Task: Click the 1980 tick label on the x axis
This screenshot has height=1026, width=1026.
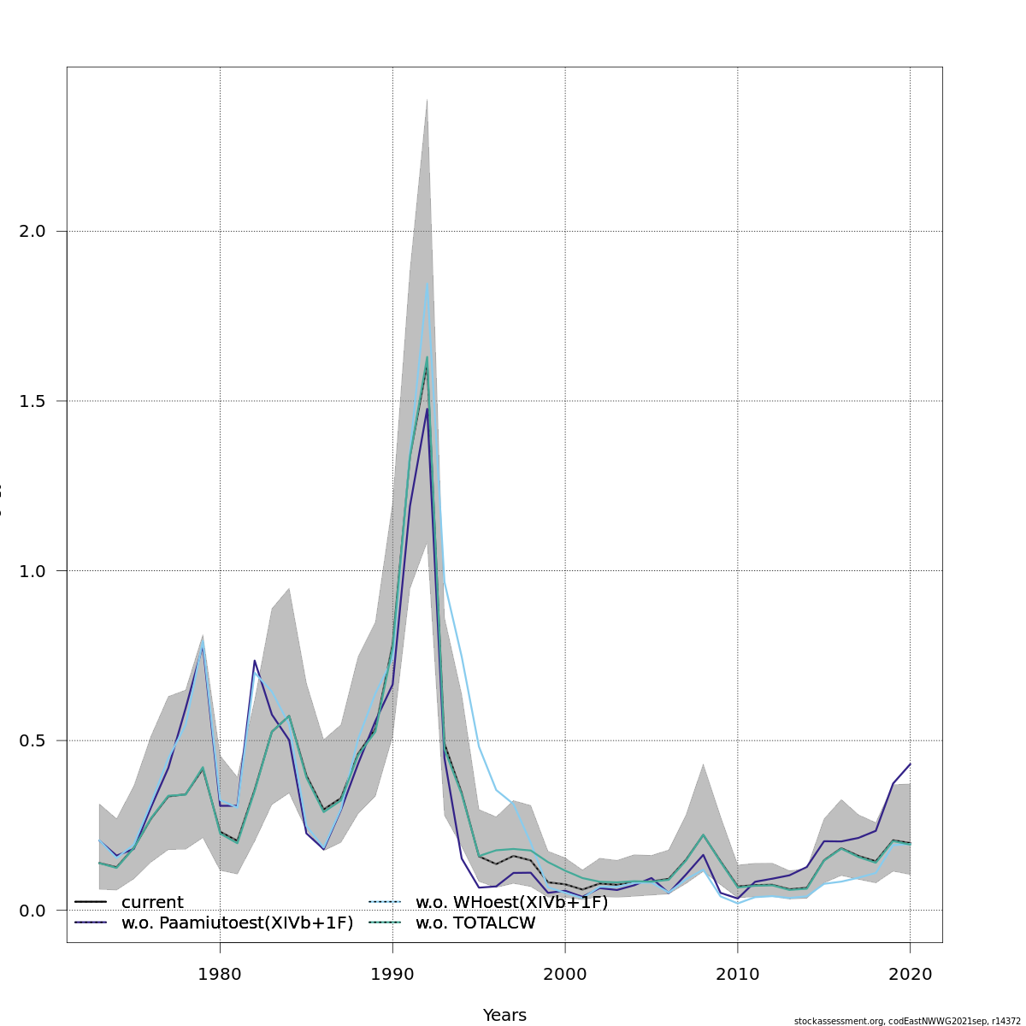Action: pyautogui.click(x=220, y=974)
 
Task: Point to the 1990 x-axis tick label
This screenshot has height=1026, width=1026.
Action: pyautogui.click(x=392, y=974)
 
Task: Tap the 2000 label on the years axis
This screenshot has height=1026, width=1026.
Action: pyautogui.click(x=565, y=974)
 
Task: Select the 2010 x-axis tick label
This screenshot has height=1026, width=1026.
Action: pyautogui.click(x=737, y=974)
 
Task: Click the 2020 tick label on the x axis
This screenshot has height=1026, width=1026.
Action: pyautogui.click(x=910, y=974)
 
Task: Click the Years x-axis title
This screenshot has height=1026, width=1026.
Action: pyautogui.click(x=504, y=1015)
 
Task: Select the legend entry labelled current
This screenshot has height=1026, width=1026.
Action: pyautogui.click(x=152, y=902)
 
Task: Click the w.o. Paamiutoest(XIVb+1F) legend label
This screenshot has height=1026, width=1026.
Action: pyautogui.click(x=237, y=923)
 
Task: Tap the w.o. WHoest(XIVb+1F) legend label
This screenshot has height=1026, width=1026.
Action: pyautogui.click(x=511, y=902)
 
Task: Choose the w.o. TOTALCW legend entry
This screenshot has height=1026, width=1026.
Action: pyautogui.click(x=475, y=923)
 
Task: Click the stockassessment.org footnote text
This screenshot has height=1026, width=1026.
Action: pyautogui.click(x=909, y=1021)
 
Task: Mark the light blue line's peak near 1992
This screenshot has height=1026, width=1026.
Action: pyautogui.click(x=427, y=283)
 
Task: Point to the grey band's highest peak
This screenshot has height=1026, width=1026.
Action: pyautogui.click(x=427, y=98)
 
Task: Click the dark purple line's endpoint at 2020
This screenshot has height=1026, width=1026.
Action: pyautogui.click(x=910, y=764)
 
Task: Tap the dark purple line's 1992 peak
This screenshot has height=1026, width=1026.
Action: pyautogui.click(x=427, y=408)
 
